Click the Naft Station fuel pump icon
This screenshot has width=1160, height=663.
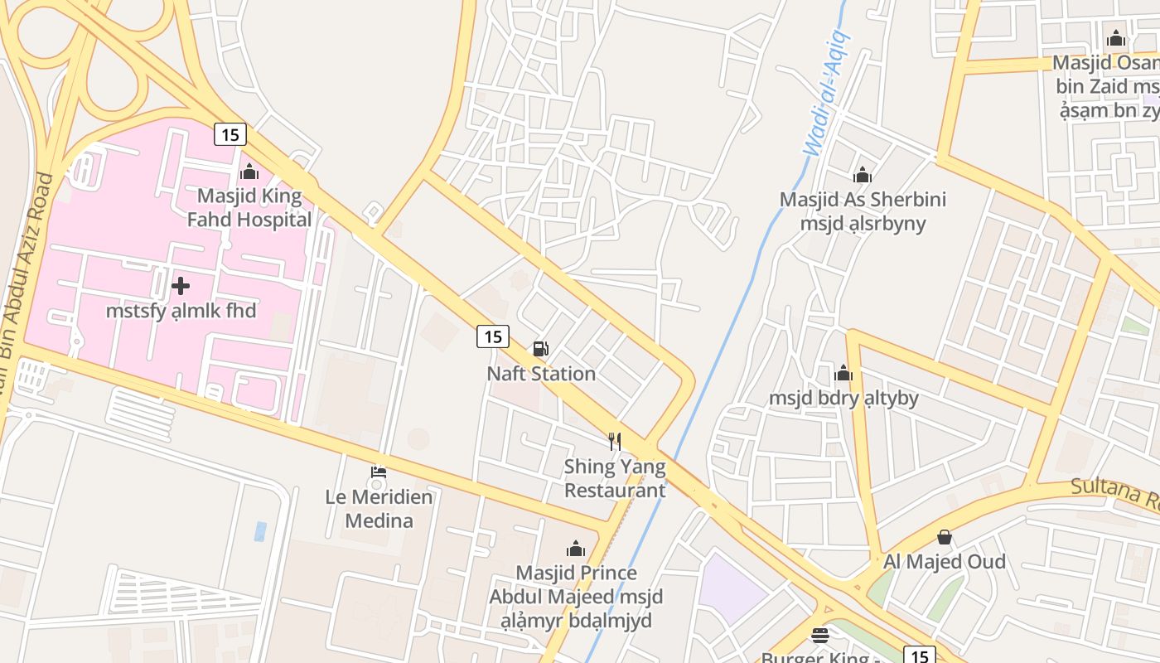540,349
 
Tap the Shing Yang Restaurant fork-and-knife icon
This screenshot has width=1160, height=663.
615,441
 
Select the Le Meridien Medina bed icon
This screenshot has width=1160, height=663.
379,473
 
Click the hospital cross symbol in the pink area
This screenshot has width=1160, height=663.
181,286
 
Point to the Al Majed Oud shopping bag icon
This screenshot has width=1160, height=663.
944,538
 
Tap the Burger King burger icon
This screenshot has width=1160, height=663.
820,636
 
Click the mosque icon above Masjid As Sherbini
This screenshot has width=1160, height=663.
863,175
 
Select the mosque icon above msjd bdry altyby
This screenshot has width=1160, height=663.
843,373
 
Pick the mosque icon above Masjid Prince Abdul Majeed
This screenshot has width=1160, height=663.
575,548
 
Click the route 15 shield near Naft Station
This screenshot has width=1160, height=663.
493,336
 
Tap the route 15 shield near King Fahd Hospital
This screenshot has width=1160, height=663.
230,133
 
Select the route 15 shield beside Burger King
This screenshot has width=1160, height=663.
919,656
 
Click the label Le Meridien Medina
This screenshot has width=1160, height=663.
379,509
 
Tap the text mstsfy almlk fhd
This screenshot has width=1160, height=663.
181,311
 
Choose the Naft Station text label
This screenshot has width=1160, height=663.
541,374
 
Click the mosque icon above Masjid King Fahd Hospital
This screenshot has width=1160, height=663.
249,172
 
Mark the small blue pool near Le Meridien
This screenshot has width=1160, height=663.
260,531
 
